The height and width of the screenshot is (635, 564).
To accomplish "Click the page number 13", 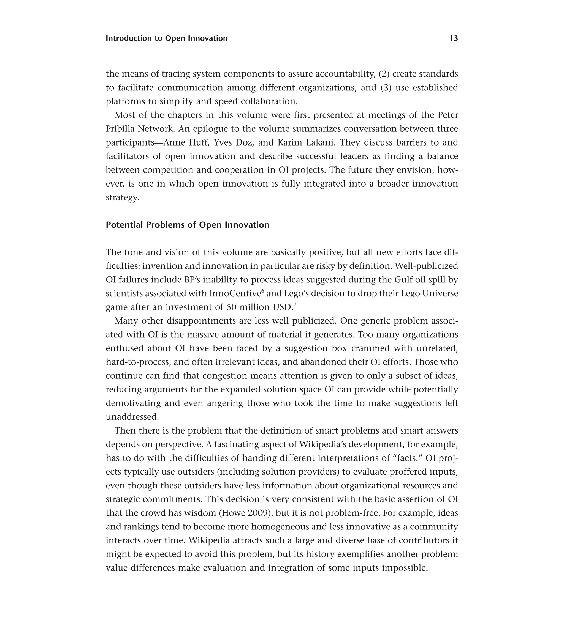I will tap(453, 38).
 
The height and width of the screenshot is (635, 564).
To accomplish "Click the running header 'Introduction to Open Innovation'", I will tap(167, 38).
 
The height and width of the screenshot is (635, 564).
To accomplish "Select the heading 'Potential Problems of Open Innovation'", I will tap(188, 225).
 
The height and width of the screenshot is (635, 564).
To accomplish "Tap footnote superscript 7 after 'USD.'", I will tap(295, 305).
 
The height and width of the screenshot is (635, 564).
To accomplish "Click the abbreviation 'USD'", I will tap(283, 307).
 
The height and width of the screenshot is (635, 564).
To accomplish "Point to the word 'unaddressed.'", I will tap(132, 417).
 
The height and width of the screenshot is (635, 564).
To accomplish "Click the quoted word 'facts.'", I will tap(406, 458).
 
